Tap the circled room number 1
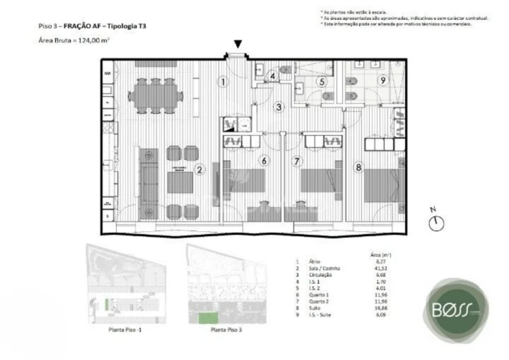click(223, 82)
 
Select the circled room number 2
click(200, 169)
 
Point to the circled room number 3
click(279, 107)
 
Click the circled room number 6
click(264, 161)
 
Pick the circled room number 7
click(296, 161)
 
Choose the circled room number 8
click(359, 168)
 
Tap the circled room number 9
click(382, 80)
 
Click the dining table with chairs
click(155, 95)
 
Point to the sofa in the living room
click(149, 177)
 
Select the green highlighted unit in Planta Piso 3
click(208, 317)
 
